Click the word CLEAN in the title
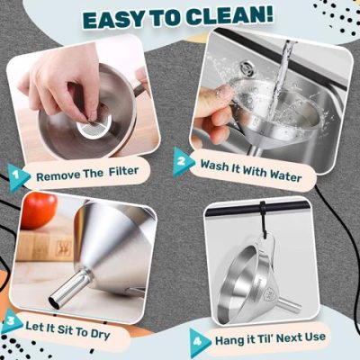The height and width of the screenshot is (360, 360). (228, 19)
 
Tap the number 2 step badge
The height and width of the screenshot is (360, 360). (184, 163)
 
